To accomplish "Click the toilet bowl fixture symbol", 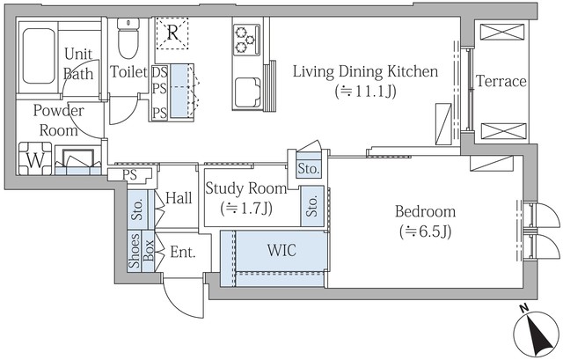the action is click(x=128, y=38).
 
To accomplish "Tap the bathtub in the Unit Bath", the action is click(x=39, y=55).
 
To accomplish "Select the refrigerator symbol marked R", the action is click(x=172, y=33).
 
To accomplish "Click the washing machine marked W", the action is click(x=35, y=158).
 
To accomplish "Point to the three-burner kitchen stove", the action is click(x=246, y=40).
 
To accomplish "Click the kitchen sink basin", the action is click(x=248, y=92).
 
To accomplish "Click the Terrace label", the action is click(x=501, y=82).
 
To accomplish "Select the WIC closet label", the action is click(x=281, y=250).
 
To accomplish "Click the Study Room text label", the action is click(x=246, y=188).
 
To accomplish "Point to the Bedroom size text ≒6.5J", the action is click(x=426, y=231).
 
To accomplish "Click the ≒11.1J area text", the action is click(x=366, y=92).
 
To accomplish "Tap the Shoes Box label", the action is click(x=142, y=251).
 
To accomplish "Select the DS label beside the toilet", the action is click(x=160, y=72).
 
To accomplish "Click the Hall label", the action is click(x=179, y=198).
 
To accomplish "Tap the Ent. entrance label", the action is click(x=183, y=253).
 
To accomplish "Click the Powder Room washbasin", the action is click(x=78, y=160).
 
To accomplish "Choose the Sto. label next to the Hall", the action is click(x=138, y=209).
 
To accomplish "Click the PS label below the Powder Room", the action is click(x=129, y=175).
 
